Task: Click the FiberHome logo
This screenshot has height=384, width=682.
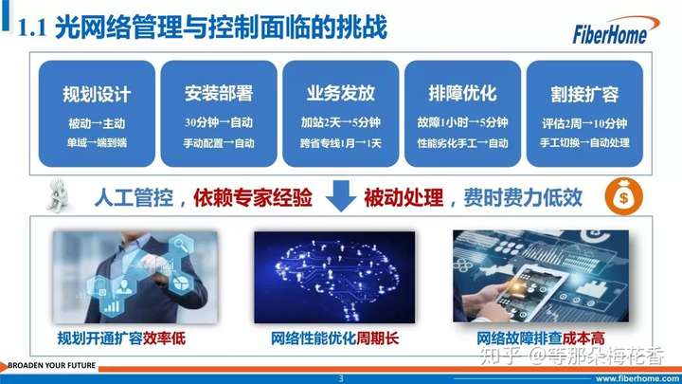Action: click(615, 30)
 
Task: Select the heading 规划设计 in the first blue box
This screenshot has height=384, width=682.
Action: click(97, 95)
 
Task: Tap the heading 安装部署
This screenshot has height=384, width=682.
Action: click(219, 94)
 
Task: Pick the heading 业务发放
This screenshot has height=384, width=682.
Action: click(341, 93)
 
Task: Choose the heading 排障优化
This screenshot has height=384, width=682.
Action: click(462, 93)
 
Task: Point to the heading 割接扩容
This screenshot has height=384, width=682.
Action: click(584, 95)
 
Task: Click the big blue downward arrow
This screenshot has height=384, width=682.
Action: click(341, 195)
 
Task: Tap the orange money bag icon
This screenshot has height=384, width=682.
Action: click(623, 196)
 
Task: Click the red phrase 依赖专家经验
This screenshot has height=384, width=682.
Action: click(253, 197)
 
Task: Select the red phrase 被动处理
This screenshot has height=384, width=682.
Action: click(404, 197)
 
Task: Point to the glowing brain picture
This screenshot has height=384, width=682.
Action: click(334, 277)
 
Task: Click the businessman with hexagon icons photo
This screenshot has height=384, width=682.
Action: click(135, 277)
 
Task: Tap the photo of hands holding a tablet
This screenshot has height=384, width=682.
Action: click(541, 276)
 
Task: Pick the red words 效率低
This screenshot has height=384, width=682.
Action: click(164, 338)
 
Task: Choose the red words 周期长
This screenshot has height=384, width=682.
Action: click(378, 338)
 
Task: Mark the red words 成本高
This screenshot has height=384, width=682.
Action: click(583, 338)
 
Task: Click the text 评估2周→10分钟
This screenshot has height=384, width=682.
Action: click(584, 123)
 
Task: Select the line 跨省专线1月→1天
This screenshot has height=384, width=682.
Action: click(341, 143)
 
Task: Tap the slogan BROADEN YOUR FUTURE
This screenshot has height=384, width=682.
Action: click(52, 365)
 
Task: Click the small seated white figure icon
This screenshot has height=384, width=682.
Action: click(59, 195)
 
